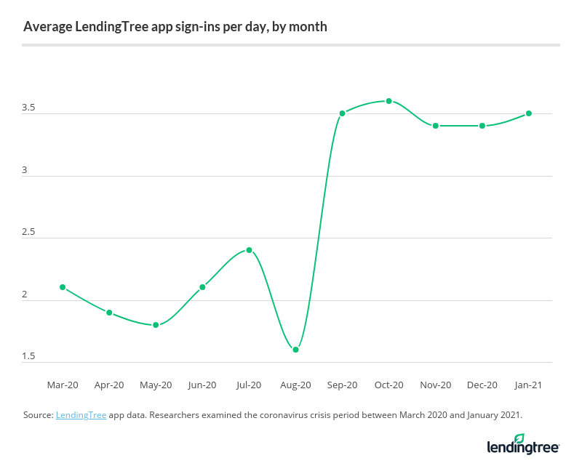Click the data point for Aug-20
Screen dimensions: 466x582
295,350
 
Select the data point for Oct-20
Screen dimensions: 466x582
389,101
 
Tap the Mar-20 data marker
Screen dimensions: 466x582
63,287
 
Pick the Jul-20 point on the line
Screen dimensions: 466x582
249,250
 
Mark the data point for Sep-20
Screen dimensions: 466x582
342,113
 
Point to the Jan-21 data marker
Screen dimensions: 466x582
529,113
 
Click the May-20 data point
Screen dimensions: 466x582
156,325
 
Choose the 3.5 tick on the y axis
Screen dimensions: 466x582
28,108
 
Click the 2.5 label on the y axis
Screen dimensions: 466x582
28,233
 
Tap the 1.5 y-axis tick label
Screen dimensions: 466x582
28,357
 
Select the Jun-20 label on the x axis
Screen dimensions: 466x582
202,385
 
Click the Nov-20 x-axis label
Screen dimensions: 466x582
436,385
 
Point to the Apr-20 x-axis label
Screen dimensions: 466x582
109,385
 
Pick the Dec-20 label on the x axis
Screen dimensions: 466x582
482,385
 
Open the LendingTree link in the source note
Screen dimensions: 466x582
81,415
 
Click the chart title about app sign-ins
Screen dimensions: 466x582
175,27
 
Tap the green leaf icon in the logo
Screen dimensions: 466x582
519,438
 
